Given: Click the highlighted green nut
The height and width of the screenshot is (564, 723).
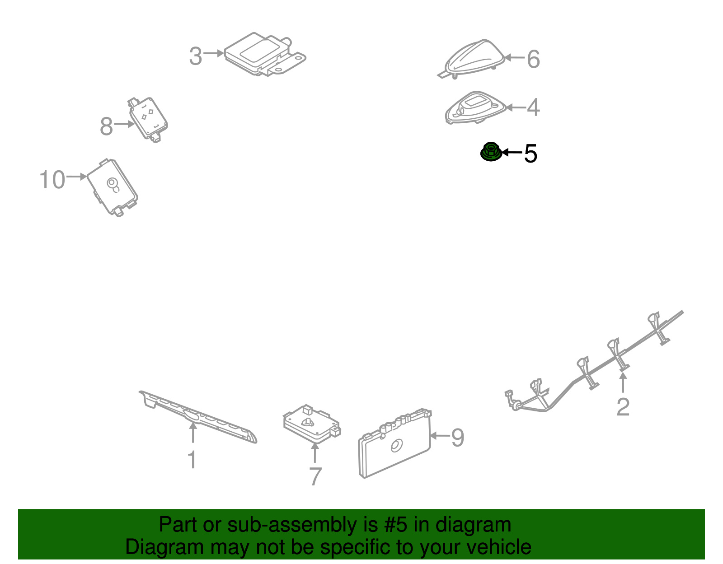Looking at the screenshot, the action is (x=491, y=152).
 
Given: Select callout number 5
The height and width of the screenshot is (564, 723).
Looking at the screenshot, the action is (x=531, y=154).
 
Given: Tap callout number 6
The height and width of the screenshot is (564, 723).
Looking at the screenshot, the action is (x=533, y=59).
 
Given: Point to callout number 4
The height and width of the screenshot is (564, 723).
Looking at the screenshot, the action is (x=533, y=107).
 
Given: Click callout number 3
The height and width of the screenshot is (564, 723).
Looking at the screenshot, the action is (x=195, y=56).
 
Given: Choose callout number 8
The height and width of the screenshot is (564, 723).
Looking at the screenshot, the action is (x=107, y=126).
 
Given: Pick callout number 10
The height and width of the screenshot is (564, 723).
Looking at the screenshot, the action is (x=52, y=179).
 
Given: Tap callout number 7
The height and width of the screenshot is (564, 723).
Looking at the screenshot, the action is (x=315, y=476).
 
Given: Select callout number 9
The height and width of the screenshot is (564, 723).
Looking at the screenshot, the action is (x=457, y=438).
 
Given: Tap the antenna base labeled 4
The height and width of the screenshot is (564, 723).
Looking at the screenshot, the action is (x=475, y=107).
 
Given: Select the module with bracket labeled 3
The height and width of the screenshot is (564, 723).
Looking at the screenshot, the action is (x=265, y=54).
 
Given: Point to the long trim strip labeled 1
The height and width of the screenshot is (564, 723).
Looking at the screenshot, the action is (x=198, y=417).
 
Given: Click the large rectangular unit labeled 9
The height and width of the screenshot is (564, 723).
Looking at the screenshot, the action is (x=395, y=444).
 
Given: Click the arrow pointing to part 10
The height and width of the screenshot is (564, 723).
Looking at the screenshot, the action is (x=77, y=177).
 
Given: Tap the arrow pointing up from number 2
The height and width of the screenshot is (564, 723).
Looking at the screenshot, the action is (x=623, y=382).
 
